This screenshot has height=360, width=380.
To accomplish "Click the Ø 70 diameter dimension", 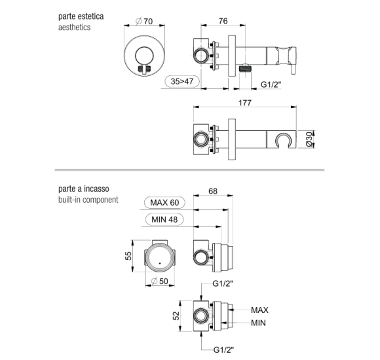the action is click(x=144, y=21).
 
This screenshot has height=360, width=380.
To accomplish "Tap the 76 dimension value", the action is click(x=223, y=21).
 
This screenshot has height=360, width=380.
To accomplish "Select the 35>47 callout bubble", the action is click(x=182, y=81).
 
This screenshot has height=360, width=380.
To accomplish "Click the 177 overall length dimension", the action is click(x=245, y=103).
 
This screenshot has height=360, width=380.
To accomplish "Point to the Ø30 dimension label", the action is click(x=309, y=139).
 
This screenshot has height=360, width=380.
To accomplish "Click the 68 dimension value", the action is click(x=213, y=191).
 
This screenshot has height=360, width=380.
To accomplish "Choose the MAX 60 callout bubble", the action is click(x=164, y=202).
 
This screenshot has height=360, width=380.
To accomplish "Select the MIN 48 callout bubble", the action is click(x=164, y=219).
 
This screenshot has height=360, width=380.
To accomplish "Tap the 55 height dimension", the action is click(x=128, y=256).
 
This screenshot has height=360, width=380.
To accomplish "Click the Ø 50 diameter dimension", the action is click(x=159, y=281).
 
